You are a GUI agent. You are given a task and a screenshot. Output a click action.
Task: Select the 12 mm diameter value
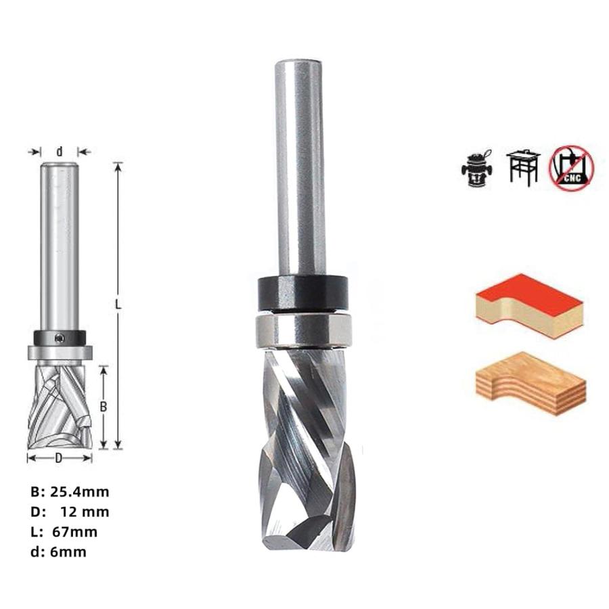85,512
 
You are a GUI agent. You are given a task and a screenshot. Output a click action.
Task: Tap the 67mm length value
74,532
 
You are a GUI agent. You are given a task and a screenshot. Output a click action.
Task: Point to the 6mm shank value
68,552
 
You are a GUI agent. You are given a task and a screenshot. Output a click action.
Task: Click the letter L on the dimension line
118,305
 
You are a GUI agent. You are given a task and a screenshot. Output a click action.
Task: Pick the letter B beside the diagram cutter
104,407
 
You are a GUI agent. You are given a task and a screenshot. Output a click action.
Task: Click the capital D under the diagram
59,458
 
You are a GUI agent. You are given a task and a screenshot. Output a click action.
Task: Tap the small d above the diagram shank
60,152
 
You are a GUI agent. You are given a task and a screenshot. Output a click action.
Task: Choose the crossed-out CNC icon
570,166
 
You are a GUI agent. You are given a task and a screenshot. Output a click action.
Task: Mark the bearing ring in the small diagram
60,353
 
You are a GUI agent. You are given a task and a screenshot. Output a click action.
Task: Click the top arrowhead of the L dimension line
118,166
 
